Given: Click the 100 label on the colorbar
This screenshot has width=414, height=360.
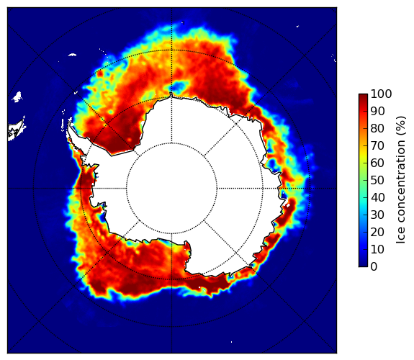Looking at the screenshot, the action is point(381,94).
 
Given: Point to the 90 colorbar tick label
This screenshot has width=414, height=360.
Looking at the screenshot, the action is point(377,111).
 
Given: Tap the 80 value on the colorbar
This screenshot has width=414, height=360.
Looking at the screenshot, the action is point(377,128).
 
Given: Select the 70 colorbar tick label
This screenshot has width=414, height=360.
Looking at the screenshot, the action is point(377,145).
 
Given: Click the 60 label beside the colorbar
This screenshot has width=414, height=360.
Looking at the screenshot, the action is point(377,163).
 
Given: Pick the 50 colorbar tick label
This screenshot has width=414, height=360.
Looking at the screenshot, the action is point(377,181).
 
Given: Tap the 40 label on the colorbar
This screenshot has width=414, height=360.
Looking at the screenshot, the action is point(377,197).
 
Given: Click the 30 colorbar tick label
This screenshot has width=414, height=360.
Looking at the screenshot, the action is point(377,215).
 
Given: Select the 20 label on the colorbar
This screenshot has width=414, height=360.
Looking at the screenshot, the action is point(377,232).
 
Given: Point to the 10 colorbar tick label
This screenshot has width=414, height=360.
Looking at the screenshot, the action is point(377,250).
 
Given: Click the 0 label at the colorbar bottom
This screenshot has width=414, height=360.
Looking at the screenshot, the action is point(374,267).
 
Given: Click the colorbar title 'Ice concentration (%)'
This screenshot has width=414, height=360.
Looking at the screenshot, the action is point(401,180).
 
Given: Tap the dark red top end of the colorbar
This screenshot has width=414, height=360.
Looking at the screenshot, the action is point(363,96).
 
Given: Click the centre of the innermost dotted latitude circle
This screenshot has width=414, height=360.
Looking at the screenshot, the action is point(171,189).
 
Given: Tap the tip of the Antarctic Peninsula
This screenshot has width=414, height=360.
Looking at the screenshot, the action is point(69,123).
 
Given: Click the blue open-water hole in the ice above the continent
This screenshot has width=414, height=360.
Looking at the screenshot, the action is point(179,86).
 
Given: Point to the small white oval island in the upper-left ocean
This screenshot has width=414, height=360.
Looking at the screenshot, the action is point(72,55).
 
